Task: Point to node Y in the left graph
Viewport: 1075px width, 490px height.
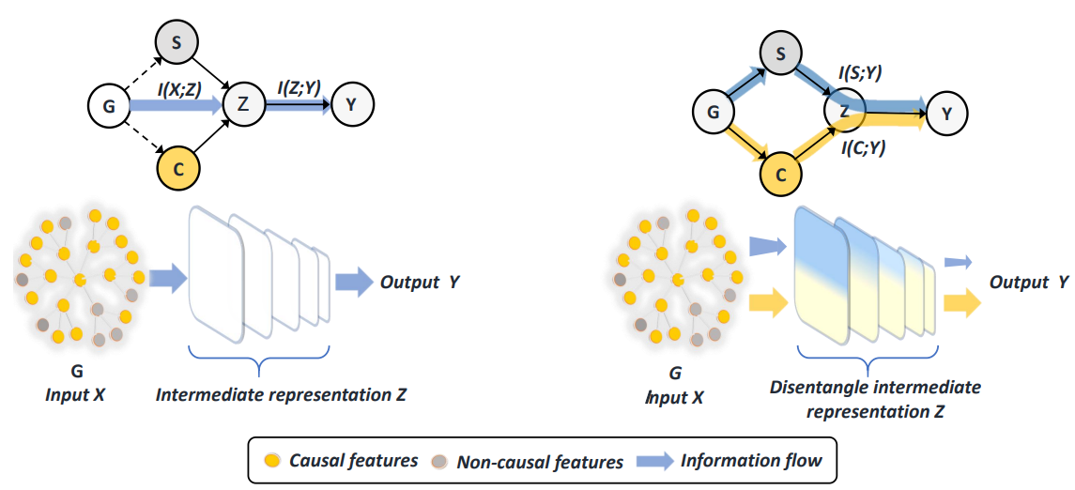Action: [351, 105]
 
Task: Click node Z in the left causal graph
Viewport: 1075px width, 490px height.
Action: [243, 105]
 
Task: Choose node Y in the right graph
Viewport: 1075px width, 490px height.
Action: [947, 114]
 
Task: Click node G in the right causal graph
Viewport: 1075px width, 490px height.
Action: [713, 114]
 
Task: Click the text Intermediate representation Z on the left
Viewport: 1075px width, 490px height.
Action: [282, 395]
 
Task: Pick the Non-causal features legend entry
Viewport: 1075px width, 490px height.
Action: [540, 461]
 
